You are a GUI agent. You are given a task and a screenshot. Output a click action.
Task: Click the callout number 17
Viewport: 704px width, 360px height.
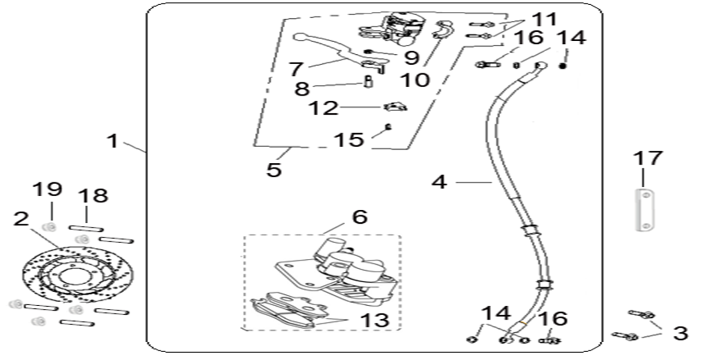pyautogui.click(x=648, y=158)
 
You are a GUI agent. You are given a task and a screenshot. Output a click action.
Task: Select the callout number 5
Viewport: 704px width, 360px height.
pyautogui.click(x=274, y=170)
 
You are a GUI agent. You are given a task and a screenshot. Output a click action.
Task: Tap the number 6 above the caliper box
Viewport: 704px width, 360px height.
pyautogui.click(x=359, y=217)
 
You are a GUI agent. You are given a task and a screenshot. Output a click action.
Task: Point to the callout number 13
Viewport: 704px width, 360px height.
pyautogui.click(x=374, y=320)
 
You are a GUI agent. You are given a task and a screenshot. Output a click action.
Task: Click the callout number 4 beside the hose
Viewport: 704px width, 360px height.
pyautogui.click(x=439, y=182)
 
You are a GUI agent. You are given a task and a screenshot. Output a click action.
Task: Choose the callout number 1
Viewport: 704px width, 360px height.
pyautogui.click(x=112, y=141)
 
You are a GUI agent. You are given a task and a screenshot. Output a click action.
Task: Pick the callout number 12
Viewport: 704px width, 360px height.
pyautogui.click(x=323, y=109)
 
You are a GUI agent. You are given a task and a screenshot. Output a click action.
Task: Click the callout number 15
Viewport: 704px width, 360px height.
pyautogui.click(x=349, y=139)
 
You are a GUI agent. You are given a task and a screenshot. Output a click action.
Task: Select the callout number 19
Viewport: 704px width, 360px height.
pyautogui.click(x=48, y=189)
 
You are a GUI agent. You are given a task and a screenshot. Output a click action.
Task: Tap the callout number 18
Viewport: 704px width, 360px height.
pyautogui.click(x=93, y=196)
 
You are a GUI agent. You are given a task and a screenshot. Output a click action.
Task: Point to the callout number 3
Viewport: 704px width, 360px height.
pyautogui.click(x=680, y=333)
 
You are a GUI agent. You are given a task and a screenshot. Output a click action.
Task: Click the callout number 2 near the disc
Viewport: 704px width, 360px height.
pyautogui.click(x=21, y=219)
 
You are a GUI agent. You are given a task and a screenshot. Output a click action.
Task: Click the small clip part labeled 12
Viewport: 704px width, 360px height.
pyautogui.click(x=395, y=107)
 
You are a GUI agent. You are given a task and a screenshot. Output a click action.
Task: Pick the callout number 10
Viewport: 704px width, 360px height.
pyautogui.click(x=415, y=80)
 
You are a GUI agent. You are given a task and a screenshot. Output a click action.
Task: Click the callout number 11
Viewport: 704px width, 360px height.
pyautogui.click(x=544, y=20)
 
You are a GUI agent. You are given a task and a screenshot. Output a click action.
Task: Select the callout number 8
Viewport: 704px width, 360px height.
pyautogui.click(x=302, y=88)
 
